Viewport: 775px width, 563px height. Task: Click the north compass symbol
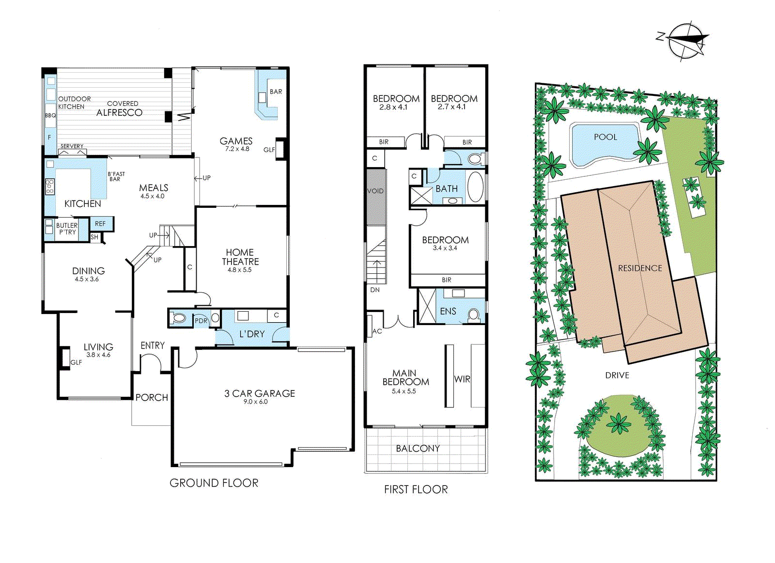point(684,41)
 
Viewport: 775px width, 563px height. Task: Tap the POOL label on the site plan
point(605,137)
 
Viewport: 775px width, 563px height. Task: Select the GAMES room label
point(236,141)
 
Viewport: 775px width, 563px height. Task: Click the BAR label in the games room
point(276,92)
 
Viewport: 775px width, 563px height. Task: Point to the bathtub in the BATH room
point(475,187)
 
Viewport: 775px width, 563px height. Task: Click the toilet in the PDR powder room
point(178,318)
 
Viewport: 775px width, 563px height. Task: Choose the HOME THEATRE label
point(240,257)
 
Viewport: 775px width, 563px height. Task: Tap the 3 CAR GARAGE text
point(259,393)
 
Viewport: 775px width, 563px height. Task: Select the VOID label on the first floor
point(375,191)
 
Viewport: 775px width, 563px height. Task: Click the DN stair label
point(375,290)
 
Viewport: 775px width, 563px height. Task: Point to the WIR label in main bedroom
point(462,379)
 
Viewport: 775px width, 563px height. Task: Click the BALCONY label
point(418,449)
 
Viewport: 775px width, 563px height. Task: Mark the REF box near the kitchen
point(100,224)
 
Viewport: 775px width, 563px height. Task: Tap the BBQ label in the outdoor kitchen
point(50,115)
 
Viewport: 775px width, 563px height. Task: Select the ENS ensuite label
point(448,311)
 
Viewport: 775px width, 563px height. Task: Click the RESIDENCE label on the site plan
point(639,268)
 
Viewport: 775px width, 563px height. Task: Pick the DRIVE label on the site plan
point(617,375)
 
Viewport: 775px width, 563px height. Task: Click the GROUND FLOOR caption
point(214,483)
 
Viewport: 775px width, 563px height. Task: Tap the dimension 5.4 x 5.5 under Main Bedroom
point(403,391)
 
